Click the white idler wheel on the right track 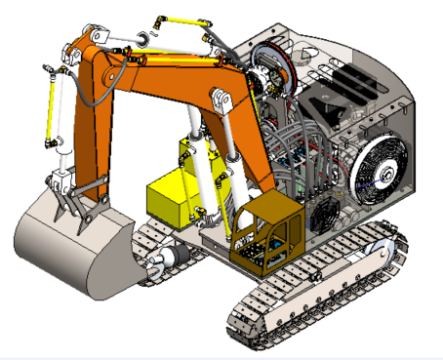tap(383, 252)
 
